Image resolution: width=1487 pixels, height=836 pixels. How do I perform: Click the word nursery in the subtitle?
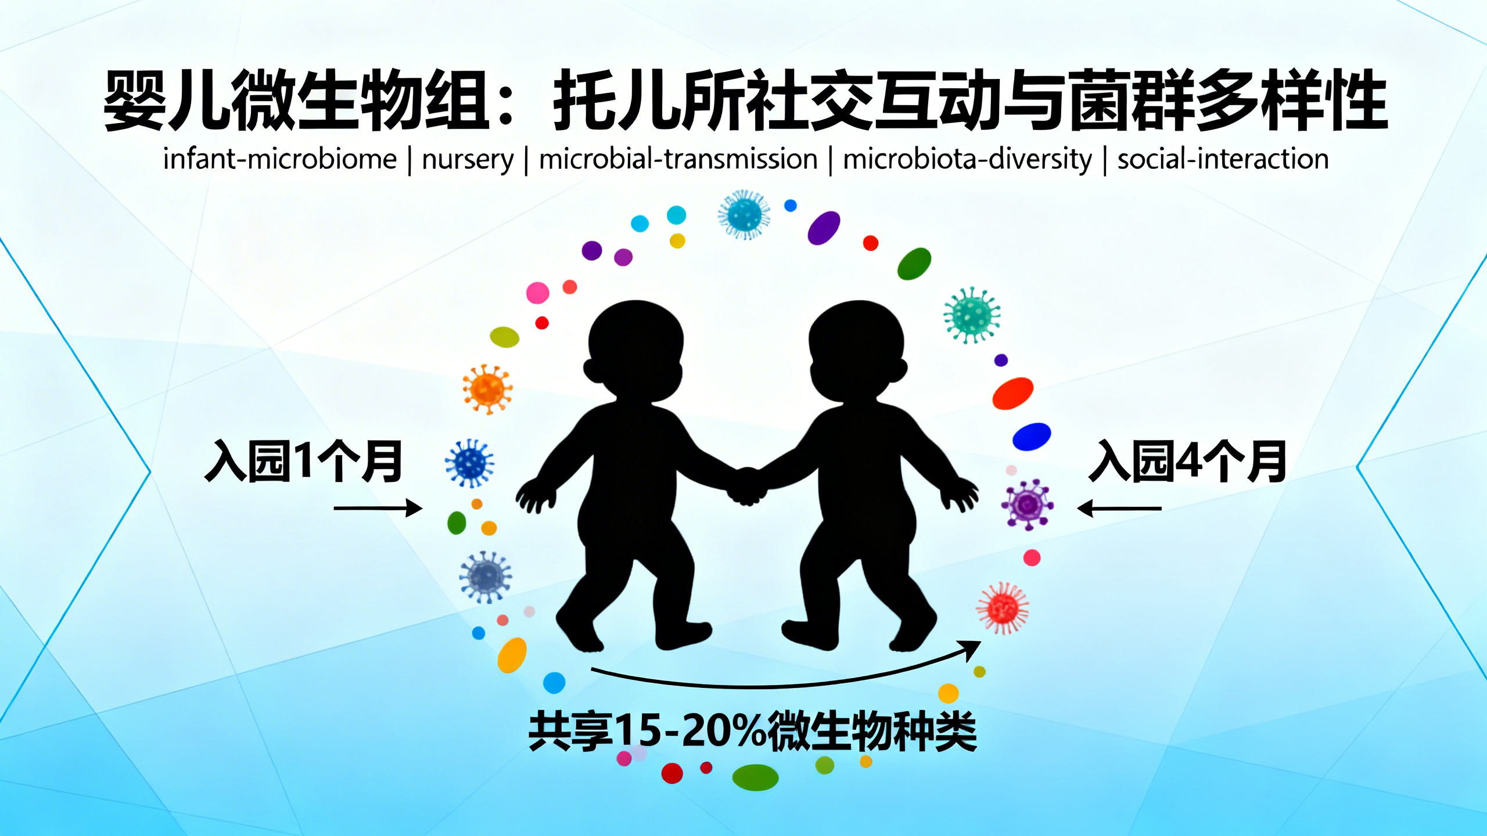click(468, 159)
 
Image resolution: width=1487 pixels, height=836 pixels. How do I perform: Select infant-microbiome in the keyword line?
click(280, 158)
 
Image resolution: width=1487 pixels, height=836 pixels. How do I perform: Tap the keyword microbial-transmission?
click(678, 158)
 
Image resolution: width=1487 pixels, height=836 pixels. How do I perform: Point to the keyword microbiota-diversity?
click(967, 159)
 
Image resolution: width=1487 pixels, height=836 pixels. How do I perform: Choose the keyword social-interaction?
click(1223, 158)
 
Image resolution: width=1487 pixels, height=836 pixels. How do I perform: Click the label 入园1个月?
click(304, 462)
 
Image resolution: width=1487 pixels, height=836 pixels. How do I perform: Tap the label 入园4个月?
click(1187, 462)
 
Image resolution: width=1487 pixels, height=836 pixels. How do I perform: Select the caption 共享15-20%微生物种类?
click(753, 732)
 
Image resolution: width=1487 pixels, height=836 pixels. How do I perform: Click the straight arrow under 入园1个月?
click(378, 509)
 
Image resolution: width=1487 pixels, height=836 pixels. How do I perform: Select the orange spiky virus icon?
click(487, 389)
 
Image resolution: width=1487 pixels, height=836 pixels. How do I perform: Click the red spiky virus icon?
click(1003, 608)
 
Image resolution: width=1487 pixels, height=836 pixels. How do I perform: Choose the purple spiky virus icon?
click(1027, 505)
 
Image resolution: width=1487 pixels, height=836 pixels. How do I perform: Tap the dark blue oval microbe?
click(1032, 437)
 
